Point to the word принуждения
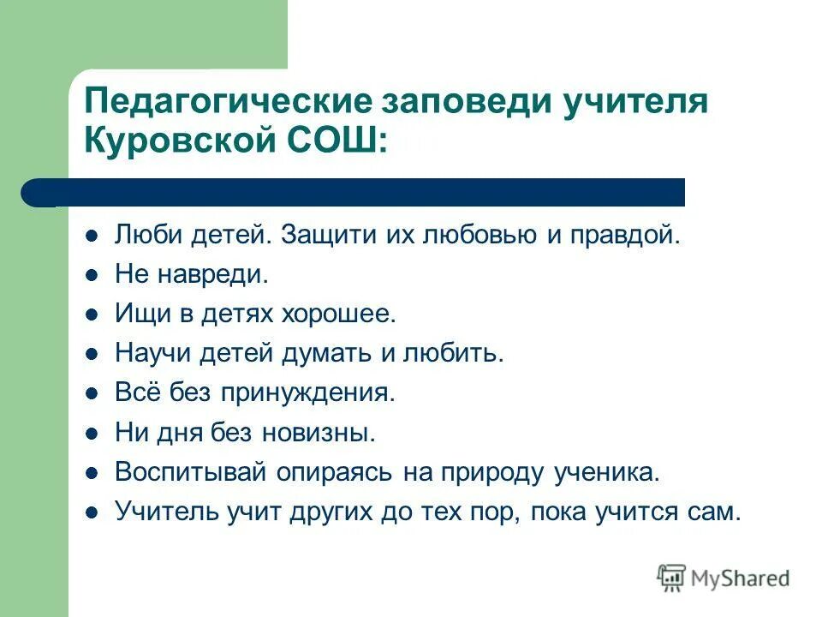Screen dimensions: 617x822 click(x=309, y=392)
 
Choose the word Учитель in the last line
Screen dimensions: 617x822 click(x=166, y=512)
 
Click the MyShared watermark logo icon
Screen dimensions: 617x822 click(x=672, y=578)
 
